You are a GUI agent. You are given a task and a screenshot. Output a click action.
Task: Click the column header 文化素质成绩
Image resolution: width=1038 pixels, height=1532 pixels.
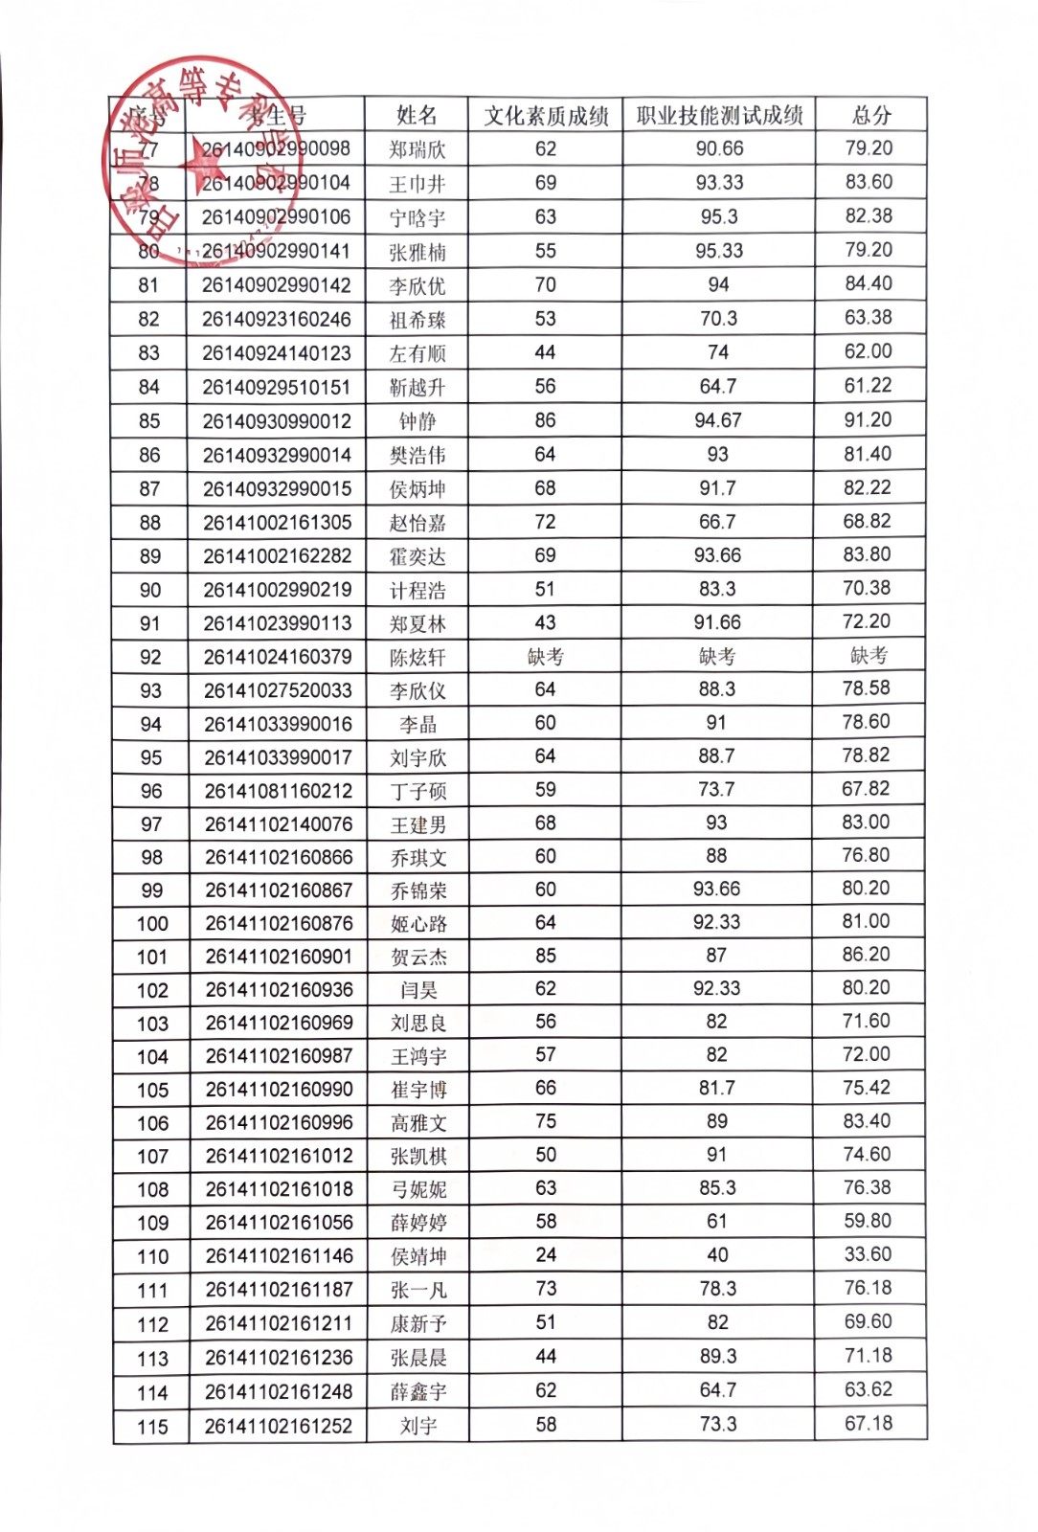[546, 116]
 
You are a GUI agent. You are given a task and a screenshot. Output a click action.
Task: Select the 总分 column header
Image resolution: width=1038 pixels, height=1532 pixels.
[871, 116]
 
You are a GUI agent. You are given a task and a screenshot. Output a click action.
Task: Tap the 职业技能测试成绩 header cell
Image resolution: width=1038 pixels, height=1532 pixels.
[719, 116]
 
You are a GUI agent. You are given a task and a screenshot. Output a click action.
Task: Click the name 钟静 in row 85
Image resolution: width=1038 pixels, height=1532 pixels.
[417, 421]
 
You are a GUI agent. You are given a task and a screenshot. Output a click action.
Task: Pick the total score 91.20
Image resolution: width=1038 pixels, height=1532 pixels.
[868, 420]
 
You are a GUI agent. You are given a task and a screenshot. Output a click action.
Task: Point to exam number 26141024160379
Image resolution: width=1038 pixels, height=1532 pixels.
[278, 657]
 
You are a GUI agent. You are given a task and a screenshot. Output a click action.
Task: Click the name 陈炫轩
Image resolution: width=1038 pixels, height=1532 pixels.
[417, 658]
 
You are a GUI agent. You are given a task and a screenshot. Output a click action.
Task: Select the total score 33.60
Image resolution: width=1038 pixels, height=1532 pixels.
[868, 1254]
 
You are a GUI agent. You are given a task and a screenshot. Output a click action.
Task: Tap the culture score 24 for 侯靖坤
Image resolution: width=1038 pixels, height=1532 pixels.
[546, 1254]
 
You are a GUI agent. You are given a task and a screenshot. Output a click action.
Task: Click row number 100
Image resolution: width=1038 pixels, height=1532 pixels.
[152, 924]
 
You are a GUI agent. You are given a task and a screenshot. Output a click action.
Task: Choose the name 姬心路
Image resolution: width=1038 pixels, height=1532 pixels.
[418, 924]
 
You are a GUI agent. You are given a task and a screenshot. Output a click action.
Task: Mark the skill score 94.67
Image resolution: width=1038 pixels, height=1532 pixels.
[718, 420]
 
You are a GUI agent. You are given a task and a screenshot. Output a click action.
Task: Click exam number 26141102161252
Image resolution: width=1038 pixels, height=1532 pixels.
[279, 1426]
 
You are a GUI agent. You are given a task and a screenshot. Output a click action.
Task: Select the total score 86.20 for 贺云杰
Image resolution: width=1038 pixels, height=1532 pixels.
[867, 955]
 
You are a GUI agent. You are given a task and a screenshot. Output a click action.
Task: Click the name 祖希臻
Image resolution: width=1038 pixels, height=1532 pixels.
[417, 320]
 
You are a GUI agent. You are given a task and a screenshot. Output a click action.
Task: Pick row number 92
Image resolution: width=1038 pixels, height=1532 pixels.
[150, 658]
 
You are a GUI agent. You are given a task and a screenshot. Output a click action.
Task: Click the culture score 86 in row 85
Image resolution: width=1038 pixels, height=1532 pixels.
[546, 420]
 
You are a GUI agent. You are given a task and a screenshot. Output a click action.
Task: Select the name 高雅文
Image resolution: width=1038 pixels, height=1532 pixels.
[418, 1123]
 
